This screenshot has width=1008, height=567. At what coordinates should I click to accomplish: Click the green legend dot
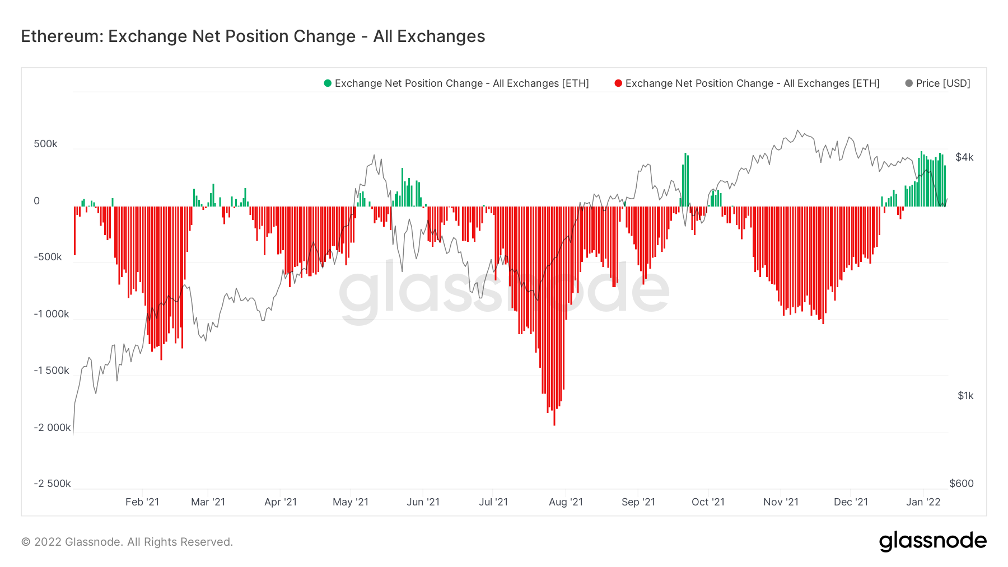coord(328,83)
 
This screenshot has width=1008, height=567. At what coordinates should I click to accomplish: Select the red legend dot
coord(618,83)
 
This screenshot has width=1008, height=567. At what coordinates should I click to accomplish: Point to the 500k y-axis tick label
coord(45,144)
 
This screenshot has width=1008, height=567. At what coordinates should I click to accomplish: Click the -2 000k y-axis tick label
coord(52,428)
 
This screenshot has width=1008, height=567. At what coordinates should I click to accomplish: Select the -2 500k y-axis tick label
coord(52,484)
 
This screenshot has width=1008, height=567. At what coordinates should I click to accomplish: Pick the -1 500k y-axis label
coord(52,371)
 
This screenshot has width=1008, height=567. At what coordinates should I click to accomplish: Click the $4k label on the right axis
coord(964,157)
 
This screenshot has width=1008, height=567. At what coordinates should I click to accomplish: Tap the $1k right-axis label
coord(965,396)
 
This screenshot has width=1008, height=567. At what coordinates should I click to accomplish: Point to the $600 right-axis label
coord(962,484)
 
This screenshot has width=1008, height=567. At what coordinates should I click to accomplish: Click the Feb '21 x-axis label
coord(142,502)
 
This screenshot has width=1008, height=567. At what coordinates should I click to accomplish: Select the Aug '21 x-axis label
coord(566,502)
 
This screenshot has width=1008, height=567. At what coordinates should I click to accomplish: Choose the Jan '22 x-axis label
coord(923,502)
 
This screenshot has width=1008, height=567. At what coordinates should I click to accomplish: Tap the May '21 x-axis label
coord(351,502)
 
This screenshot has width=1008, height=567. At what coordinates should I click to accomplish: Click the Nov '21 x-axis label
coord(781,502)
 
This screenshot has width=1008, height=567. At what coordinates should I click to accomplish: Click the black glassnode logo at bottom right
coord(932,541)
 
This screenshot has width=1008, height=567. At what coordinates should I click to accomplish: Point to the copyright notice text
coord(127,542)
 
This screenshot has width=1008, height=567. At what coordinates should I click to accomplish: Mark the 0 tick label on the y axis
coord(37,201)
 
